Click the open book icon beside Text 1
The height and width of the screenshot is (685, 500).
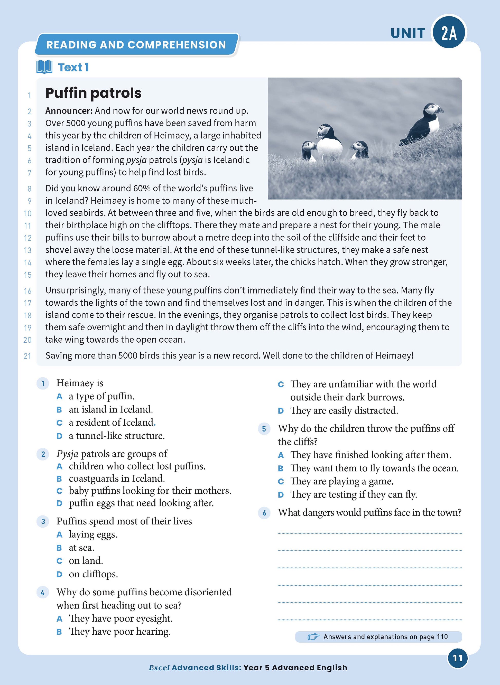coord(44,67)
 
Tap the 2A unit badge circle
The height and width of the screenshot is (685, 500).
coord(449,33)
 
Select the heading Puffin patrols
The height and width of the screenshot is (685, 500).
coord(93,93)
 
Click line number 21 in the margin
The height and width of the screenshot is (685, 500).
coord(27,356)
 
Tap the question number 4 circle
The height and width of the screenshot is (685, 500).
coord(43,592)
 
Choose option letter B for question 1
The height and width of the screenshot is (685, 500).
coord(59,410)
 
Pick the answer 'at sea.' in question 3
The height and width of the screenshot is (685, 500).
coord(81,548)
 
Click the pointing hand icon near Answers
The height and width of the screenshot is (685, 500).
coord(313,637)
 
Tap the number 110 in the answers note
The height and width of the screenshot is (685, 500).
coord(442,637)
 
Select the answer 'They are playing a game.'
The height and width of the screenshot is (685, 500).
coord(342,481)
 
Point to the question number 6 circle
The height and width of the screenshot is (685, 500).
coord(264,513)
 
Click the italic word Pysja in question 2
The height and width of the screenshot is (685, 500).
coord(67,454)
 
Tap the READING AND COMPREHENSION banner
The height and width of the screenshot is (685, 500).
coord(136,45)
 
